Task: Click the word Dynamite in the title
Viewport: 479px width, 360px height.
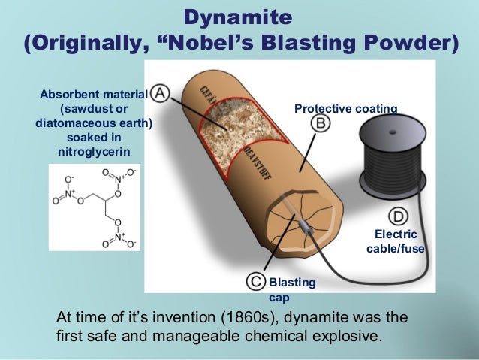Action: pyautogui.click(x=239, y=15)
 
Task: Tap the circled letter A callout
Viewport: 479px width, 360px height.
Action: pyautogui.click(x=161, y=94)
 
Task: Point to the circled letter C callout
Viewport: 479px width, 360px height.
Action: pyautogui.click(x=257, y=281)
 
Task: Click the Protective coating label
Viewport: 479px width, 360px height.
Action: pyautogui.click(x=345, y=110)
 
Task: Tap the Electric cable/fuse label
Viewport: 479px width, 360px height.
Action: pyautogui.click(x=396, y=241)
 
